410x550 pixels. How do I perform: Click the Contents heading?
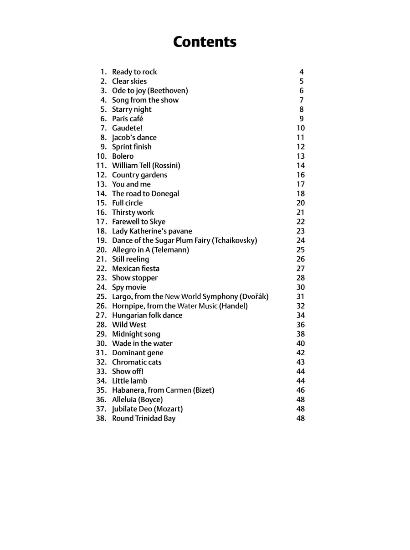tap(205, 42)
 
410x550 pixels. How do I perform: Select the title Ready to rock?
tap(134, 72)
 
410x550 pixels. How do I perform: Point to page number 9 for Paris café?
tap(301, 119)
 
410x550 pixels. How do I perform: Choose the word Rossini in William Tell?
tap(166, 166)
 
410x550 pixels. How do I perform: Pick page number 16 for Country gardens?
tap(301, 175)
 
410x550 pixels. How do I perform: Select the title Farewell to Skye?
tap(138, 222)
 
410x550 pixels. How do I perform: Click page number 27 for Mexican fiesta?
tap(301, 269)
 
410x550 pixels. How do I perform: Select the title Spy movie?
tap(129, 287)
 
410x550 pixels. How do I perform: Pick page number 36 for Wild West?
tap(301, 325)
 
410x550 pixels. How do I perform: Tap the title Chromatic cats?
tap(137, 362)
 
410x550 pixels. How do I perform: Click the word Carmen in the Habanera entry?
tap(178, 390)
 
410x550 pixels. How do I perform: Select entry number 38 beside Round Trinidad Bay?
tap(101, 419)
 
